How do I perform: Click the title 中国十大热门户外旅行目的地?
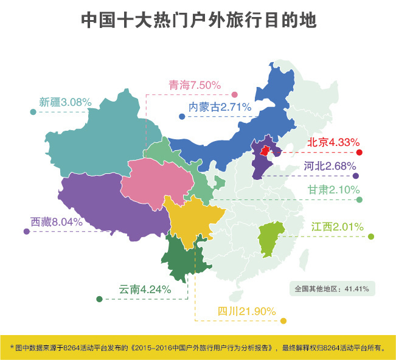198,21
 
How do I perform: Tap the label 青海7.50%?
194,86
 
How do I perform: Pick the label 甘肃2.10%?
334,190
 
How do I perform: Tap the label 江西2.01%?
337,227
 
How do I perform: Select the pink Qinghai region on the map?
156,183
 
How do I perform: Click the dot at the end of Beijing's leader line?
360,152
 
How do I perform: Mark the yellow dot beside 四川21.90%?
283,321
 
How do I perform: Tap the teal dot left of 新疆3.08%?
33,112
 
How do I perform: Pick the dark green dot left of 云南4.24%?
99,299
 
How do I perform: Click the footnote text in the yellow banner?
198,348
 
